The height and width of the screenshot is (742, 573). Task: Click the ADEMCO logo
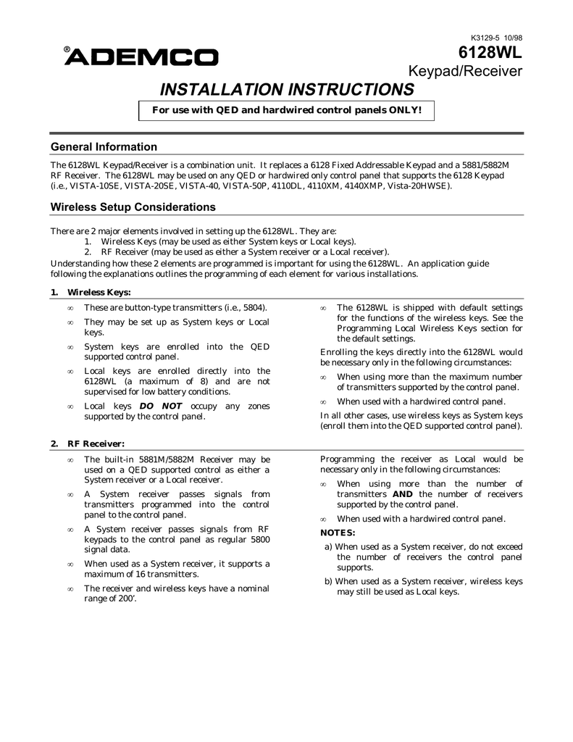click(x=142, y=57)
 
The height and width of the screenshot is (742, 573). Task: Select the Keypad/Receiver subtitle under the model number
click(x=467, y=71)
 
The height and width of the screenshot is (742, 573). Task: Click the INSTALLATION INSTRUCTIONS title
click(x=287, y=90)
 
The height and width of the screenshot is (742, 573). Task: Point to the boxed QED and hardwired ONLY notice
click(x=286, y=110)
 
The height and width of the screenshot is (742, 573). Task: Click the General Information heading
click(x=104, y=147)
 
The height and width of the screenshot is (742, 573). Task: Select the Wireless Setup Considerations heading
click(x=133, y=207)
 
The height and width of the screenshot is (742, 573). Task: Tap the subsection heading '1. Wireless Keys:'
click(x=91, y=292)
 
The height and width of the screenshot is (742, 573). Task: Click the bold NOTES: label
click(x=338, y=533)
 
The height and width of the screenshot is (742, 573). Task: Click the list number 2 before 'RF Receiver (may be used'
click(x=87, y=251)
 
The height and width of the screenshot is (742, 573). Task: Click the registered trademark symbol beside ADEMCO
click(x=67, y=51)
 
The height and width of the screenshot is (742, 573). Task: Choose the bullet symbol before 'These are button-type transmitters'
click(x=70, y=309)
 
